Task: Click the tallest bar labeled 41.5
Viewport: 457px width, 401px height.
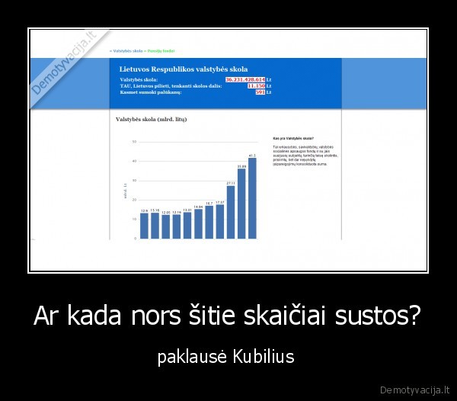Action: [x=252, y=198]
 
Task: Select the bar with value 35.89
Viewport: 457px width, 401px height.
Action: [x=241, y=204]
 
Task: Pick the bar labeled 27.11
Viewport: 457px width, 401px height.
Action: [x=231, y=212]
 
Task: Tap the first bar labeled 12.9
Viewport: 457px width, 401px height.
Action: [x=144, y=226]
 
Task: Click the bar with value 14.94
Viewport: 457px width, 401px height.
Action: [x=198, y=223]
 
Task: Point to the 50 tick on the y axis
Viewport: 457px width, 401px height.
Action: [x=134, y=142]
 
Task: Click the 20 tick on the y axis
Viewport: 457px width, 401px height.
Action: [x=134, y=200]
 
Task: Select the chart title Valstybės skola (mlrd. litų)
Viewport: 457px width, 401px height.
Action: [x=151, y=120]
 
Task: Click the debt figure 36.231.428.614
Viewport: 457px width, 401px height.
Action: [x=245, y=79]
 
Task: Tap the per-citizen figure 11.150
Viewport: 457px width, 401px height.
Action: [x=256, y=85]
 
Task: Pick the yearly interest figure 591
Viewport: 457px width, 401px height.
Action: [x=260, y=92]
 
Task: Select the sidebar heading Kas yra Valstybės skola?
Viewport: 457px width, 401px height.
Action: [x=293, y=138]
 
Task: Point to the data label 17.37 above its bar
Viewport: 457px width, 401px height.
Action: [x=219, y=203]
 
